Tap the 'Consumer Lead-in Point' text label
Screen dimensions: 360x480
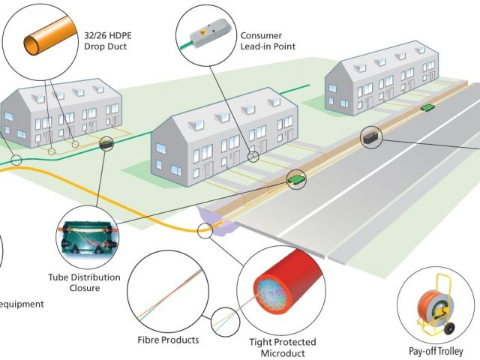coord(268,40)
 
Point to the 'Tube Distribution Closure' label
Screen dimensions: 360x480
coord(83,282)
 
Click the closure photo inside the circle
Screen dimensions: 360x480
coord(81,240)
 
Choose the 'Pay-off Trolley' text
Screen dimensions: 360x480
coord(436,351)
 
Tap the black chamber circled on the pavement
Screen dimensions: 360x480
coord(372,137)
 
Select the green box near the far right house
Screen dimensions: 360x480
coord(428,108)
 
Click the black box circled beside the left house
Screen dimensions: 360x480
coord(105,142)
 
